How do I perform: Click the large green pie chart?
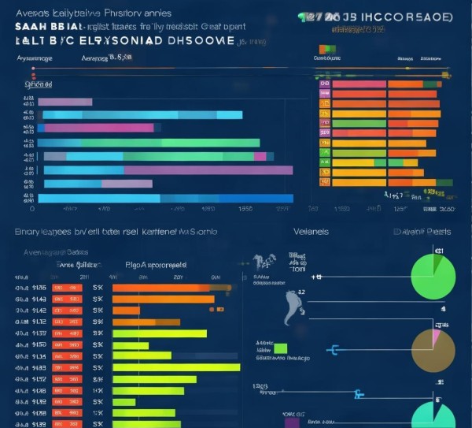click(x=433, y=277)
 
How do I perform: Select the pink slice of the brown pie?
click(x=436, y=337)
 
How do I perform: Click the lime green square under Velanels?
click(x=281, y=348)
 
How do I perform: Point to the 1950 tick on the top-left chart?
click(x=245, y=210)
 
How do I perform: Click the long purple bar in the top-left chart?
click(x=208, y=169)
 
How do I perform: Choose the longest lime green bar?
click(x=175, y=367)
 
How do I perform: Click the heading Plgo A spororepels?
click(x=156, y=266)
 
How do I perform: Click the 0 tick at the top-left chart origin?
click(x=31, y=210)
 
